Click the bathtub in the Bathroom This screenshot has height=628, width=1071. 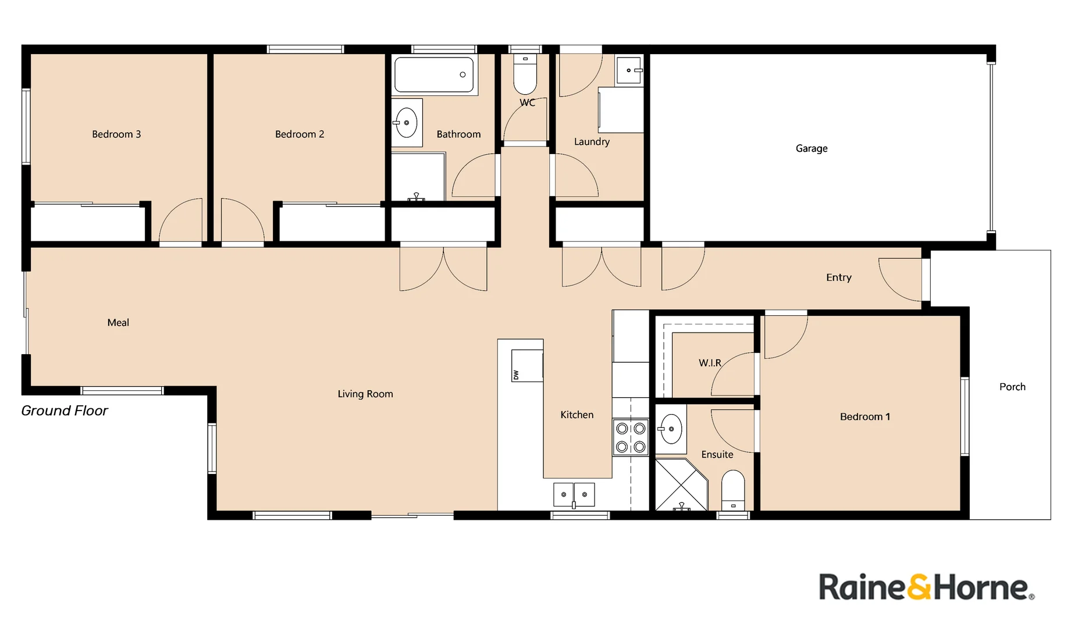coord(434,75)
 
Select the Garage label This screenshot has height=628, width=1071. coord(812,148)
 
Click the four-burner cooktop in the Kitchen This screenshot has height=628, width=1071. coord(631,437)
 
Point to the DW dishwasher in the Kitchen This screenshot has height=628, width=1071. coord(526,366)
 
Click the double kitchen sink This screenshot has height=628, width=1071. coord(574,494)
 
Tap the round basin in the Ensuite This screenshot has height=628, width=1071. coord(671,429)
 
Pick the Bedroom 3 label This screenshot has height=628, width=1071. coord(116,134)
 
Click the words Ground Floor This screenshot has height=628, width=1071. coord(65,411)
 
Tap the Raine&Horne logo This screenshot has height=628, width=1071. coord(926,587)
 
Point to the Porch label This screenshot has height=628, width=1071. coord(1012,387)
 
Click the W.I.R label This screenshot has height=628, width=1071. coord(710,363)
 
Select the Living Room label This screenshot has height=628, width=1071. coord(365,394)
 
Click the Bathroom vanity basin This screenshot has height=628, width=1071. coord(406,123)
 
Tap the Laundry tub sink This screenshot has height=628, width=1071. coord(629,70)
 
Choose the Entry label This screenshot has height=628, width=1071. coord(838,277)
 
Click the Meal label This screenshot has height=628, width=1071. coord(118,323)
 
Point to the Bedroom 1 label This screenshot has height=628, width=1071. coord(864,416)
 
